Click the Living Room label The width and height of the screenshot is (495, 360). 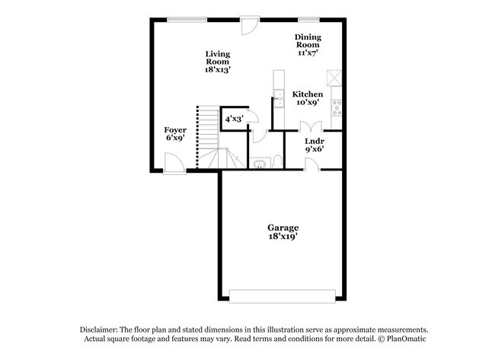[218, 58]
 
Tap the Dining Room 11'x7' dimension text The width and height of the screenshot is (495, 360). [308, 53]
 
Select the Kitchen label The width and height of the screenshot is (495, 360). [308, 94]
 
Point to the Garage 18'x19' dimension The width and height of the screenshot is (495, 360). [283, 236]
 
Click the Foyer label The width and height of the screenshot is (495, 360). [175, 129]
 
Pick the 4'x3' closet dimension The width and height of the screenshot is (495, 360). [234, 119]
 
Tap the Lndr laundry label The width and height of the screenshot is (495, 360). [314, 141]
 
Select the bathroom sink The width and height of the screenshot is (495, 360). [260, 164]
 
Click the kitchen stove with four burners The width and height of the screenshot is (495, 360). [337, 107]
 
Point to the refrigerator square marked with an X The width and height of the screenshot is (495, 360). [334, 78]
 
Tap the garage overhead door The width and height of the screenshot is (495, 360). [283, 296]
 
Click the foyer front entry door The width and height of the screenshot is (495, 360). [174, 163]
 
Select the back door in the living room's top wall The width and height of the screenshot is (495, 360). [250, 25]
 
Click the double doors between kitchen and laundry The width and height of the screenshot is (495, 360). [311, 127]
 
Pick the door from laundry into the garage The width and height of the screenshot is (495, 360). [312, 164]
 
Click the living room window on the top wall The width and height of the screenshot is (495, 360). [187, 20]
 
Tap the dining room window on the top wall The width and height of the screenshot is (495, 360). [308, 20]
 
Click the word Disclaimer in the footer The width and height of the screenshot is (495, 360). [99, 330]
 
